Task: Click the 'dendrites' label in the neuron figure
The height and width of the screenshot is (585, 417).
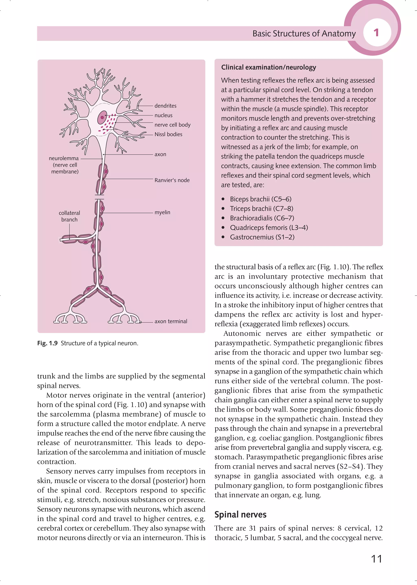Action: tap(165, 106)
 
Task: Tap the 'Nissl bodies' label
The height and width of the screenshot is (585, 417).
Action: tap(168, 134)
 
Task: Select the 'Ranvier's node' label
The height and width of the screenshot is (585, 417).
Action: tap(172, 180)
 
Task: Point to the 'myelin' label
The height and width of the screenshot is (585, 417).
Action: tap(162, 212)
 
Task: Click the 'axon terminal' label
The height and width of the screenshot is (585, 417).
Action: tap(171, 321)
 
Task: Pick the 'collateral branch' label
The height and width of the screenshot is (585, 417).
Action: tap(69, 216)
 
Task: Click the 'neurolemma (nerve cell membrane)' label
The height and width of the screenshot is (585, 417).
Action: tap(64, 165)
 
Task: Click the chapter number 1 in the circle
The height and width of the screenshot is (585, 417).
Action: tap(376, 33)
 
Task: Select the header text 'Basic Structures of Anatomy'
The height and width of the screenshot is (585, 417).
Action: tap(304, 34)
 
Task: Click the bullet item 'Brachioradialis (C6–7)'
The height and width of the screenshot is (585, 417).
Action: tap(262, 218)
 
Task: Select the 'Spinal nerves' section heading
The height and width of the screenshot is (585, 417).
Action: tap(240, 515)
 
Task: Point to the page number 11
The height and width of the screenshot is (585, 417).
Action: tap(376, 559)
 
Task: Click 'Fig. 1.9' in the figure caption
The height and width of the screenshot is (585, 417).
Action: tap(47, 343)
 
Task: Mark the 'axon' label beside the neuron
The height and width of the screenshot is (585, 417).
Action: tap(160, 154)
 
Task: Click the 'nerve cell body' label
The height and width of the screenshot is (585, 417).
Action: tap(172, 125)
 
